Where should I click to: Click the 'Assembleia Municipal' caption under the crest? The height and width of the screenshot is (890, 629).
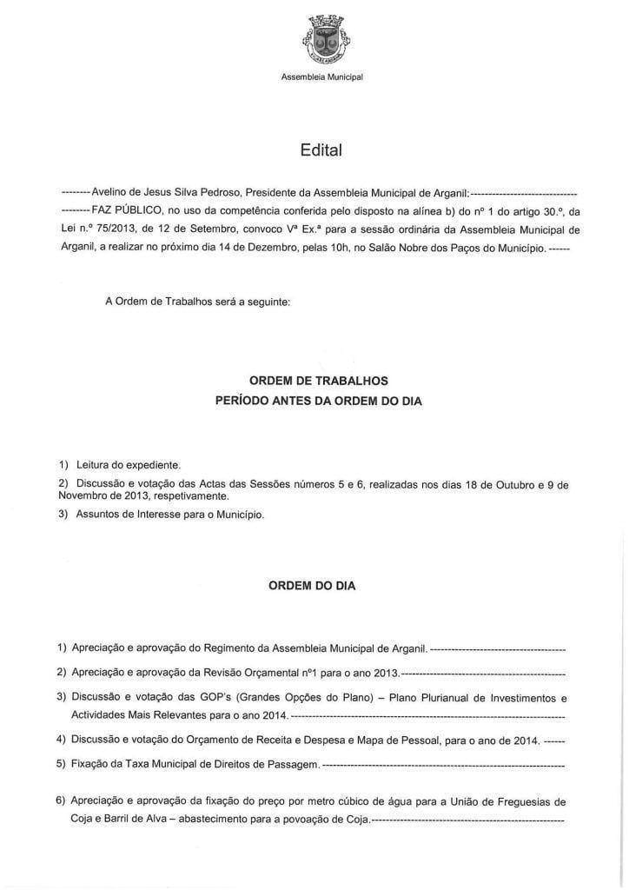(x=321, y=77)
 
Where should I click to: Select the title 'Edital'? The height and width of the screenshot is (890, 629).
(x=321, y=150)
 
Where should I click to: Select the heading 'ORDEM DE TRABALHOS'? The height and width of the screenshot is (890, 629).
(x=319, y=381)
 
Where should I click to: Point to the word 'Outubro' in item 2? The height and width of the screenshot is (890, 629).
(x=520, y=483)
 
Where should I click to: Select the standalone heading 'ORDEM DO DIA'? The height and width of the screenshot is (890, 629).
(x=311, y=586)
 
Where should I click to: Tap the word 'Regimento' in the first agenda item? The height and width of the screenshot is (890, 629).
(x=230, y=648)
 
